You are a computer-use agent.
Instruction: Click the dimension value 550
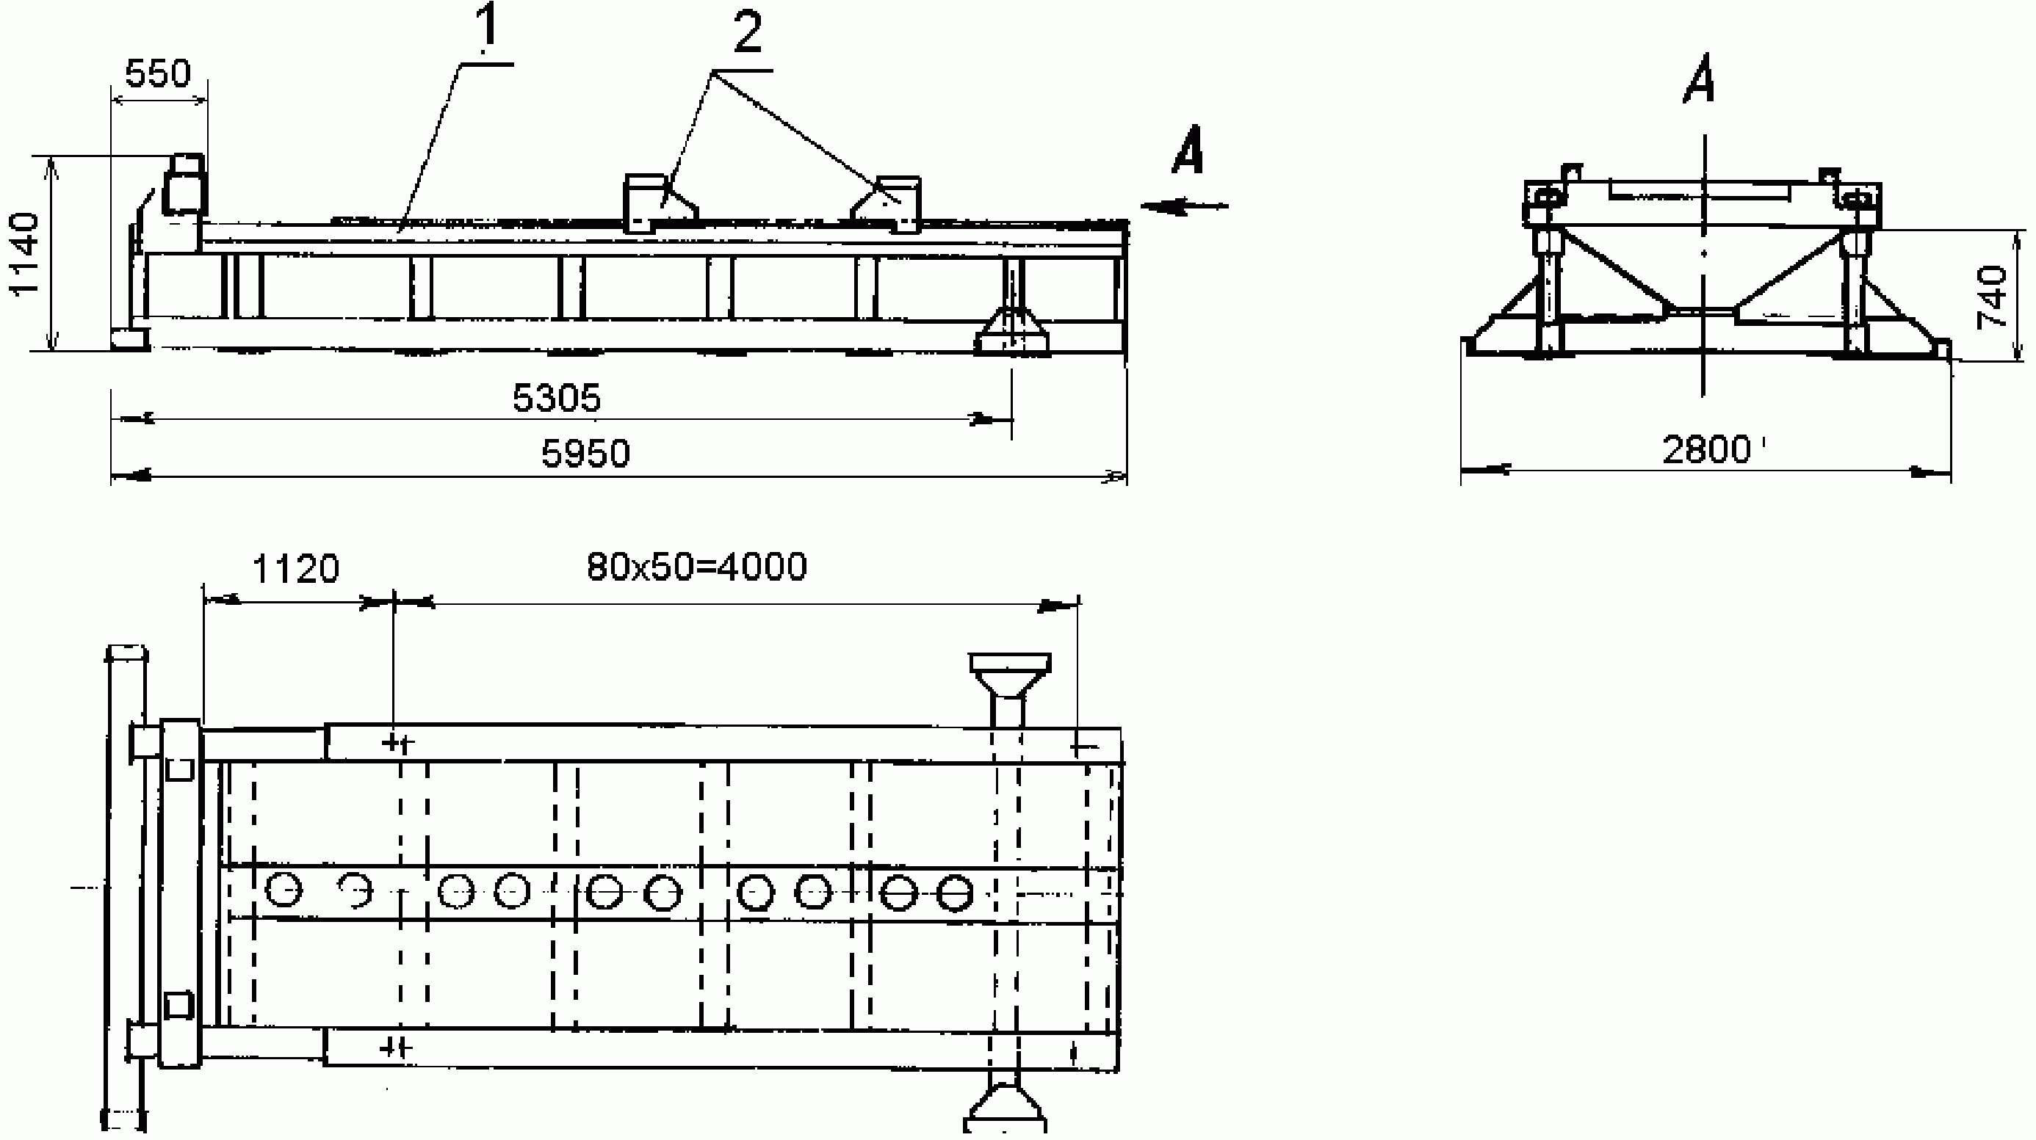point(158,73)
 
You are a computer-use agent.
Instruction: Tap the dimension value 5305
point(557,398)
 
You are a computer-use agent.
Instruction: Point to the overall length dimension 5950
point(585,454)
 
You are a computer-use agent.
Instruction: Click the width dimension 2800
point(1707,450)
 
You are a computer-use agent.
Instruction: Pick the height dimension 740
point(1992,297)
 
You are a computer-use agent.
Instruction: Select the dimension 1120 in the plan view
point(295,569)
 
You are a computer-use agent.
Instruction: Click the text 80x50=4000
point(697,567)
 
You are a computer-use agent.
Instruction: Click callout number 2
point(748,33)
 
